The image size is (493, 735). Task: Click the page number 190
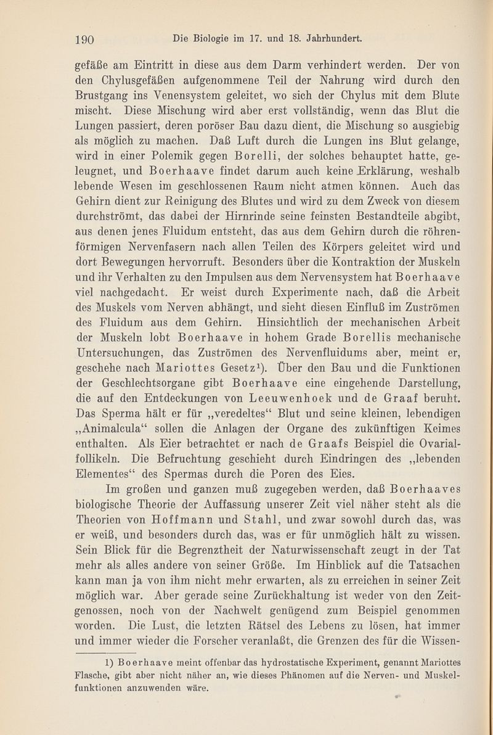click(x=83, y=38)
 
